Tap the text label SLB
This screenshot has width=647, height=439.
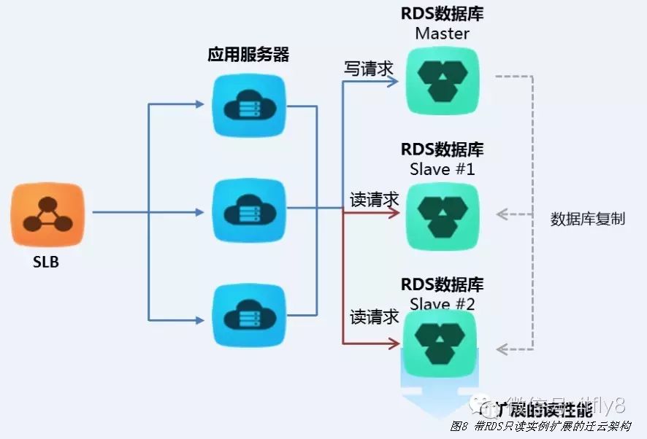pyautogui.click(x=46, y=263)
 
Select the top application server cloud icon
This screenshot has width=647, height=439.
pyautogui.click(x=248, y=107)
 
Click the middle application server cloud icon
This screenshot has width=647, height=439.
pyautogui.click(x=248, y=212)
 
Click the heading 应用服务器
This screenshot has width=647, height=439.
pyautogui.click(x=248, y=55)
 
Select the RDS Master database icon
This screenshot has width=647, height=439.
pyautogui.click(x=443, y=79)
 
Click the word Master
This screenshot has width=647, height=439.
pyautogui.click(x=442, y=34)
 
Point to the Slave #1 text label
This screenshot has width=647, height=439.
pyautogui.click(x=443, y=169)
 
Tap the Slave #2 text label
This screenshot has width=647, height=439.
pyautogui.click(x=443, y=303)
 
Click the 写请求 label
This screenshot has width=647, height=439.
pyautogui.click(x=369, y=69)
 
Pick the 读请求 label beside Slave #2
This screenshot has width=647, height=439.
pyautogui.click(x=375, y=316)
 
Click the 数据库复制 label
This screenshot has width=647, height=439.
pyautogui.click(x=588, y=219)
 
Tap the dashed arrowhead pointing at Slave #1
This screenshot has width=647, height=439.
pyautogui.click(x=502, y=214)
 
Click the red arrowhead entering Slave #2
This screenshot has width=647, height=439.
pyautogui.click(x=395, y=342)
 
